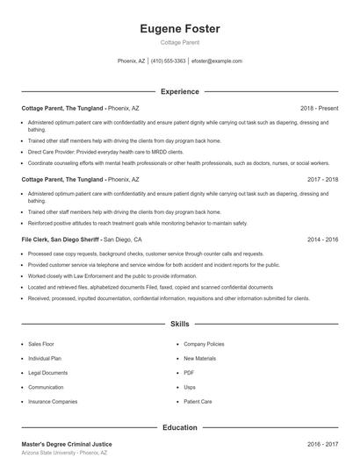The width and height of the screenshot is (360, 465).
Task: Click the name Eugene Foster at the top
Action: (x=179, y=29)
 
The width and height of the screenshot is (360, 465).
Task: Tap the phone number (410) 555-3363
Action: (x=168, y=61)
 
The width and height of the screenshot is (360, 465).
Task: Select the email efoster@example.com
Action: (x=216, y=61)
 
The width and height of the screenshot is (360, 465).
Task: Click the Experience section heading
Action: (x=179, y=91)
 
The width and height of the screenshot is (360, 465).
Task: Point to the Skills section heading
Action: (x=179, y=324)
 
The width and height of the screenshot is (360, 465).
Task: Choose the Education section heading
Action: (x=179, y=427)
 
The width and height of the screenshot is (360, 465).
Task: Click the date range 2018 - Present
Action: (x=319, y=108)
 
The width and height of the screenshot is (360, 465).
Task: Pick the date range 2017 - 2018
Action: (x=321, y=179)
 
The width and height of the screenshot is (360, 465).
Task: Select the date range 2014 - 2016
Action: (x=321, y=239)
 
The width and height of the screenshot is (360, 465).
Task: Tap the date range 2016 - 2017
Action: (x=321, y=445)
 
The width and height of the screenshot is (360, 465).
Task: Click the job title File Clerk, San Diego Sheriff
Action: (x=61, y=239)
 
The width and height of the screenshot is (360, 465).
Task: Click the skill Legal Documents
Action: (x=47, y=373)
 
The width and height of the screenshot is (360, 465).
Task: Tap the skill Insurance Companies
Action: (x=53, y=401)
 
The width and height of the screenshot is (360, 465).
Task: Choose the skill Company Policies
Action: (x=204, y=345)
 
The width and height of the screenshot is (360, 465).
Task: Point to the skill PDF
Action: (x=189, y=373)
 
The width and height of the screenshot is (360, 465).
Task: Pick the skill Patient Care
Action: (x=198, y=401)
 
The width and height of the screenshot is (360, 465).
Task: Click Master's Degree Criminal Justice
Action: (x=67, y=445)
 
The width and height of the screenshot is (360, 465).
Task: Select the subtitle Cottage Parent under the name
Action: (x=179, y=42)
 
